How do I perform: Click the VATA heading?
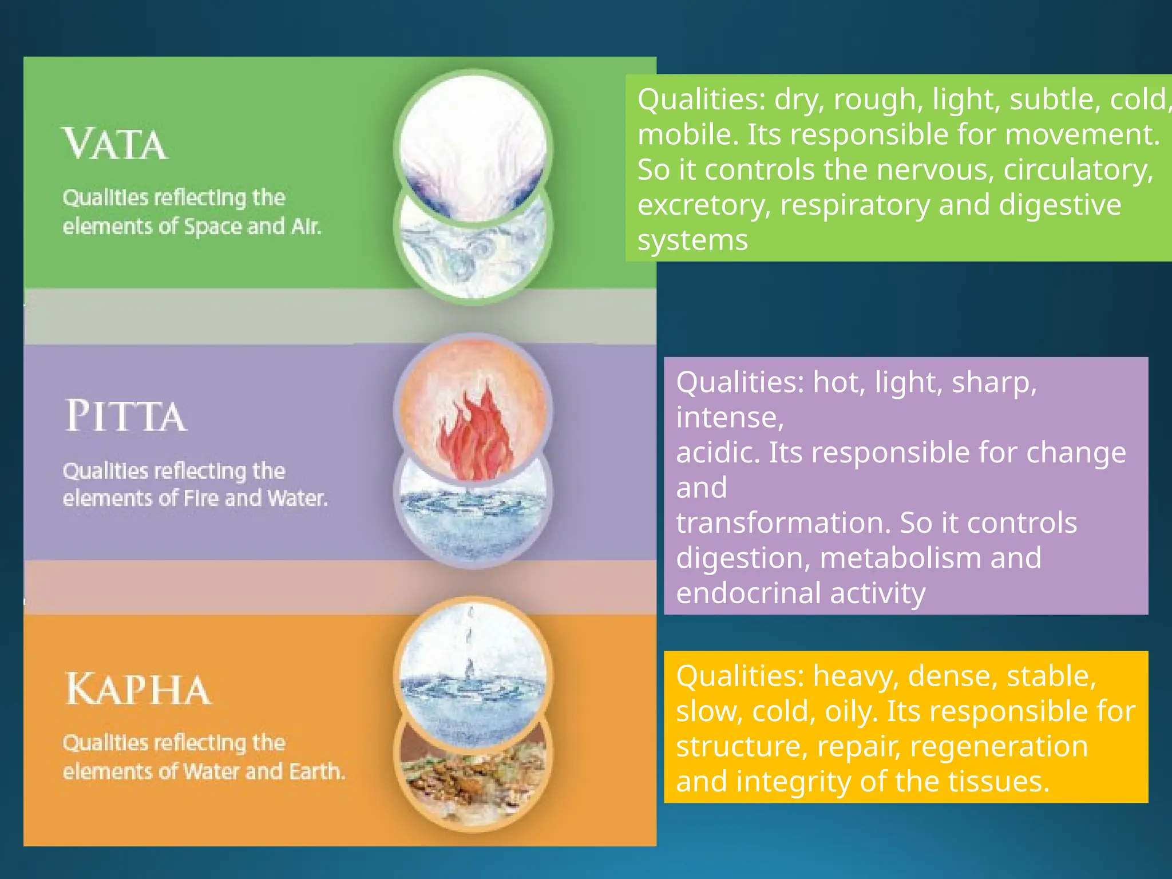click(115, 144)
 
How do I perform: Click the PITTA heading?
click(126, 416)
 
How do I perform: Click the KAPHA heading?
click(138, 690)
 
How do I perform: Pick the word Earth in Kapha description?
click(316, 771)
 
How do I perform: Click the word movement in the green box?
click(1082, 135)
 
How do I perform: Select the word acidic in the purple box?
click(718, 453)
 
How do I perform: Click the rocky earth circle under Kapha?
click(473, 784)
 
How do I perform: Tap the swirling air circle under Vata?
click(473, 258)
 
